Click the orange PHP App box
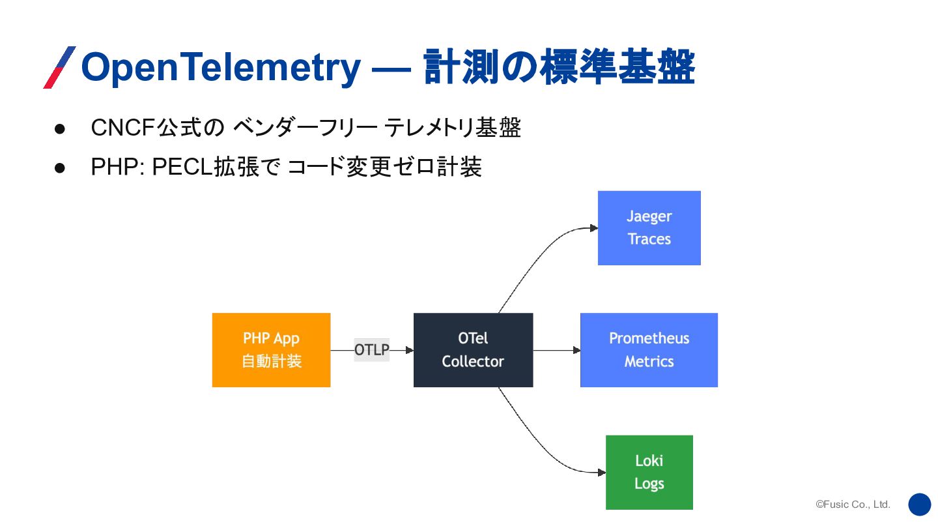pos(272,350)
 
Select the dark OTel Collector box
pos(473,350)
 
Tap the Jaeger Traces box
pos(649,228)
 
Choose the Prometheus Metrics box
pos(649,350)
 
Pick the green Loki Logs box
pos(649,472)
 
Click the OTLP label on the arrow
pos(372,350)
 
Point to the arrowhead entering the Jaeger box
pos(594,228)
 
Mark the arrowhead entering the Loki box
pos(602,473)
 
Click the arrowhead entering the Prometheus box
pos(576,350)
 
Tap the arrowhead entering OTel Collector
pos(410,350)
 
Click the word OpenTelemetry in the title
pos(221,68)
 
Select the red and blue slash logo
pos(59,67)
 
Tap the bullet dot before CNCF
pos(60,129)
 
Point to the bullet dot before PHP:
pos(60,168)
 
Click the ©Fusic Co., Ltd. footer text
pos(853,504)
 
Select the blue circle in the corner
pos(920,505)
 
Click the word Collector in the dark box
pos(473,362)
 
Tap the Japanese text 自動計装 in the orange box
pos(272,361)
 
